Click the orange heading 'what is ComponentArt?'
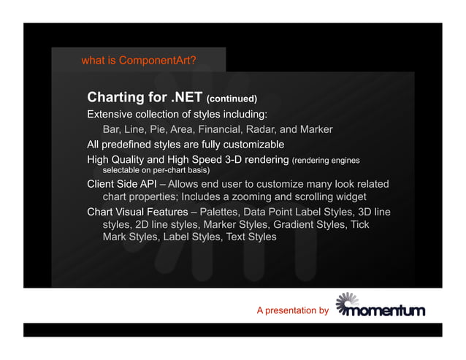click(x=138, y=61)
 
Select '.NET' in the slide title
click(x=186, y=97)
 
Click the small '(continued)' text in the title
click(x=232, y=99)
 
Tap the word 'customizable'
click(x=251, y=144)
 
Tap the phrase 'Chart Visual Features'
click(x=137, y=212)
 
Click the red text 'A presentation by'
click(x=292, y=311)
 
